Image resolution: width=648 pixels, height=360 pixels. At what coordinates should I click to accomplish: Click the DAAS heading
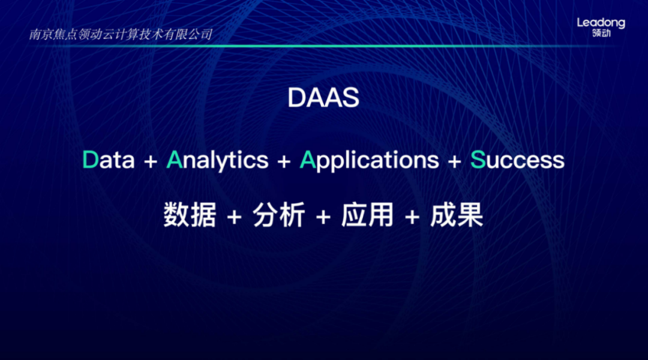coord(323,98)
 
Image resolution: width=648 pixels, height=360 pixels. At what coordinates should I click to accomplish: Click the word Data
coord(109,160)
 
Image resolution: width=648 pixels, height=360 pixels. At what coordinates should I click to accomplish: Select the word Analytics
coord(217,161)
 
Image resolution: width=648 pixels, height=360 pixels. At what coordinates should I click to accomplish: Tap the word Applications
coord(369,161)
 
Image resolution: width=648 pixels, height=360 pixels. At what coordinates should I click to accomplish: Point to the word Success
coord(517,160)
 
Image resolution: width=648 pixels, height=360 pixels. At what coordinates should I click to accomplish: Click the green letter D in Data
coord(91,160)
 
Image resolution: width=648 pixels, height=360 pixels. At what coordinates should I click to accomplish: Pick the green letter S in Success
coord(478,160)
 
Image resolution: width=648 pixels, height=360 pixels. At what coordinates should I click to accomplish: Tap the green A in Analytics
coord(175,160)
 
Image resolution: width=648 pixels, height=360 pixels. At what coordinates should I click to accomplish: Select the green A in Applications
coord(308,160)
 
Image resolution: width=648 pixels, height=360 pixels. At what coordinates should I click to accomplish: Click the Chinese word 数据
coord(190,215)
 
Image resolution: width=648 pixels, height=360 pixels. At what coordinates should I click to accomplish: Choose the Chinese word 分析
coord(279,215)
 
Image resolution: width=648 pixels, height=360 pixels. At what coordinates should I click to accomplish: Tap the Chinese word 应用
coord(367,215)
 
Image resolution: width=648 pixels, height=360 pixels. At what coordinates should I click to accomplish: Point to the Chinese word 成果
coord(457,215)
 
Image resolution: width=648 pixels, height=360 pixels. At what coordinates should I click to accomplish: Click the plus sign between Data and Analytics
coord(151,161)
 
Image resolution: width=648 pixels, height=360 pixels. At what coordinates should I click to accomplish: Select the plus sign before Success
coord(455,161)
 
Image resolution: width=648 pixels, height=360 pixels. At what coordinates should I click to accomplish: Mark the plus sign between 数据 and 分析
coord(235,217)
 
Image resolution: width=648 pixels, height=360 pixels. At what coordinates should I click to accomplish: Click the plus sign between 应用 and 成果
coord(412,217)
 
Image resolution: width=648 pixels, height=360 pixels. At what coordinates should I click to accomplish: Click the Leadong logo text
coord(601,23)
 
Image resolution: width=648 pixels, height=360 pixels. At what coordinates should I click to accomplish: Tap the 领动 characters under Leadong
coord(601,33)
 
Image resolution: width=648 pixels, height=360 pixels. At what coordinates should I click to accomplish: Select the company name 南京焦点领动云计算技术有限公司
coord(121,34)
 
